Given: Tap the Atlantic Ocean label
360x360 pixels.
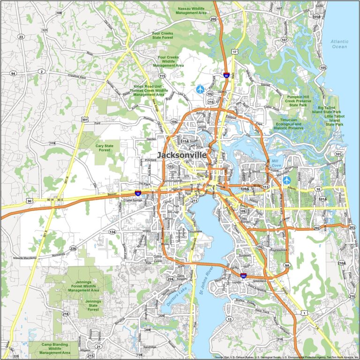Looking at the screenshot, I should [339, 44].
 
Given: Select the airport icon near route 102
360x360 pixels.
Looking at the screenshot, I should [201, 89].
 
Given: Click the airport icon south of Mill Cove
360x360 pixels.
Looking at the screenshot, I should [286, 180].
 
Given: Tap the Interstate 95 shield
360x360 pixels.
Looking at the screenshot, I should [227, 75].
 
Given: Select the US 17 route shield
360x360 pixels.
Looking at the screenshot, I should [234, 51].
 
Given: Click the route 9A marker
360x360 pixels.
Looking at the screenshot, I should [287, 266].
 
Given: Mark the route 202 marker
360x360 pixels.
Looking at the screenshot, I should [317, 228].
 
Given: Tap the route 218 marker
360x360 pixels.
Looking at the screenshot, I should [66, 314].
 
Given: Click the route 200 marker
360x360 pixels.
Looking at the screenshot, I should [213, 19].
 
